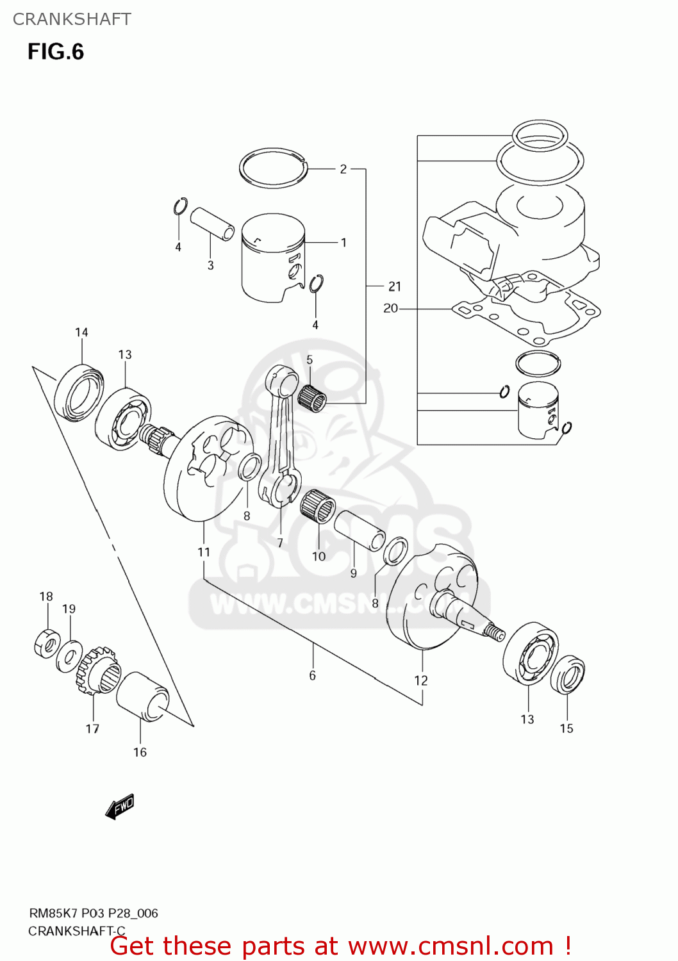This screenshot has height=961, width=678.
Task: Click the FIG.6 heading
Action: point(56,52)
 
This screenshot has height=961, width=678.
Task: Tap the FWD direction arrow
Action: point(120,806)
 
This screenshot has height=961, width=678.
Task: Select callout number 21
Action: point(395,286)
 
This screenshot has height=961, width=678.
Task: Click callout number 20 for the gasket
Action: point(390,308)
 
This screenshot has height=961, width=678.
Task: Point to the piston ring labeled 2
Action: point(273,168)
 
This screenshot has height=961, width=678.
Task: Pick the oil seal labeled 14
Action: point(79,392)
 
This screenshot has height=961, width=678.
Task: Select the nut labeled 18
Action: point(47,643)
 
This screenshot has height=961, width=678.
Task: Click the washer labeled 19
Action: point(69,657)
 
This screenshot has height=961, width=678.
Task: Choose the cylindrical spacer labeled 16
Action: point(142,697)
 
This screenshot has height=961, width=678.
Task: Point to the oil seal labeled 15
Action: point(568,674)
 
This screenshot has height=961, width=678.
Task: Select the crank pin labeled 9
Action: point(360,530)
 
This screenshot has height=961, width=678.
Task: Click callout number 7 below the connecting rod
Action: point(280,543)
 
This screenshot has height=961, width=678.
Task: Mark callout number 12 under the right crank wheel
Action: point(420,680)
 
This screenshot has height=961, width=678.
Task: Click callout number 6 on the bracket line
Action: point(312,675)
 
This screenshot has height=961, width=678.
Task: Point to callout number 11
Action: point(204,552)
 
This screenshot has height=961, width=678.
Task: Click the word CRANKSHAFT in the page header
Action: point(72,19)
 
